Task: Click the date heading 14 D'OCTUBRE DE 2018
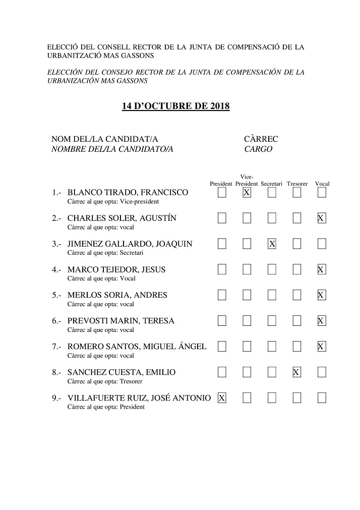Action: click(175, 106)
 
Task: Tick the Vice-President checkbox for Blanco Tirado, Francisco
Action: click(247, 193)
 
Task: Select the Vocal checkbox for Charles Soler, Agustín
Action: click(322, 218)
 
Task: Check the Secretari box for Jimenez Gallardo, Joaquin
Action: click(272, 244)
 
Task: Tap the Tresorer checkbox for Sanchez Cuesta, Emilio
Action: click(297, 372)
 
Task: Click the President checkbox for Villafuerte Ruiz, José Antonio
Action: click(222, 398)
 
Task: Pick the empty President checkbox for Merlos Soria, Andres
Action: click(222, 295)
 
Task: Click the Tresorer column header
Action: click(297, 184)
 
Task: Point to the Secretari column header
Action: click(272, 184)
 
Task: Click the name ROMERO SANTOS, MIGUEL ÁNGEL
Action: click(137, 347)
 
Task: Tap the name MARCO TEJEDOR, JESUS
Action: click(116, 270)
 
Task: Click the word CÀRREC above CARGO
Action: click(261, 139)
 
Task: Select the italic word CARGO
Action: click(258, 149)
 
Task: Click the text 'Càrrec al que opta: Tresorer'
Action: click(104, 381)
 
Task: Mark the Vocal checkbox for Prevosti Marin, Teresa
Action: click(322, 321)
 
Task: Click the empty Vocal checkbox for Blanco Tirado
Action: click(322, 193)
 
